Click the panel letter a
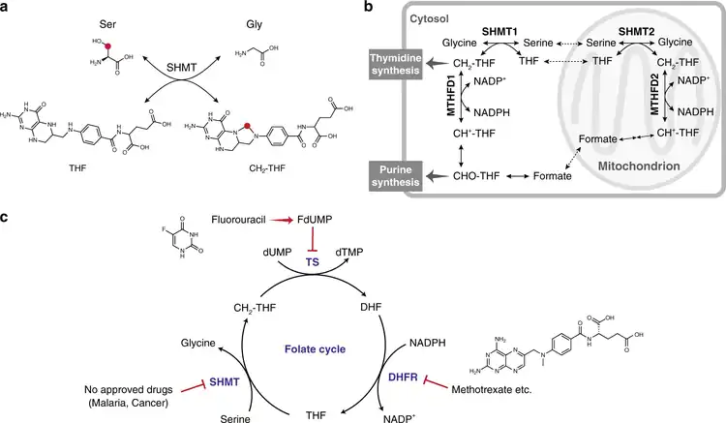[x=7, y=8]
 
